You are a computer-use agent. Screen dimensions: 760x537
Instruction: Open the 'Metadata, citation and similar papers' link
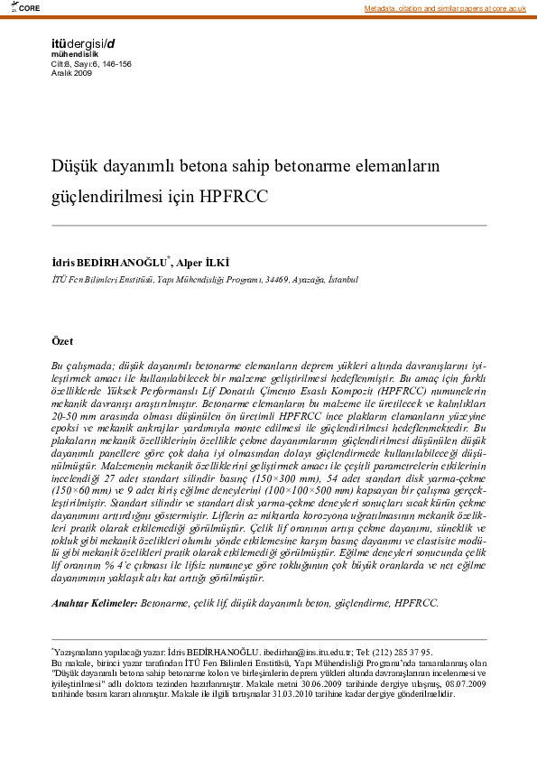(445, 8)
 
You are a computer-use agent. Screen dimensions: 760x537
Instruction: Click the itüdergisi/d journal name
(84, 43)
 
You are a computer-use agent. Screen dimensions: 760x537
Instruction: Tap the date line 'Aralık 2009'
(71, 72)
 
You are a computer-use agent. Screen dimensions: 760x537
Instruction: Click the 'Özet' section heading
(63, 341)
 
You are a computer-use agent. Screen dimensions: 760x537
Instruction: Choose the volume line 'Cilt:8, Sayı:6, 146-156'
(91, 63)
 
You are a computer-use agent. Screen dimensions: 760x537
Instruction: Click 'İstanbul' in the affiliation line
(343, 280)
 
